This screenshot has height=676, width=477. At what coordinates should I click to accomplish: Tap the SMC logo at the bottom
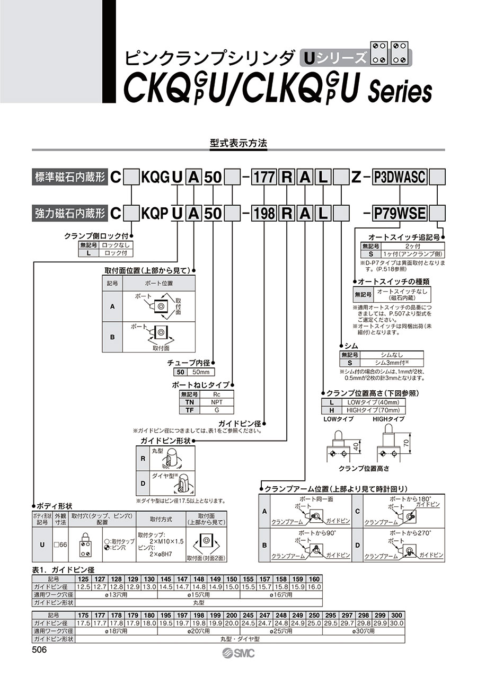pyautogui.click(x=238, y=653)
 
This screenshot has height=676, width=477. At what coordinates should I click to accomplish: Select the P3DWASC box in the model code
pyautogui.click(x=400, y=177)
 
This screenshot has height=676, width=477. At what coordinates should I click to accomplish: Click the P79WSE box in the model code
pyautogui.click(x=400, y=213)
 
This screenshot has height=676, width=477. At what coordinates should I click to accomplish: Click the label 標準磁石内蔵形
pyautogui.click(x=70, y=177)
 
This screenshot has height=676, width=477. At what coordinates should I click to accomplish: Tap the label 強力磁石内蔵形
pyautogui.click(x=70, y=213)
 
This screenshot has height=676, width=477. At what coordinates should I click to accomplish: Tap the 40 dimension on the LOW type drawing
pyautogui.click(x=357, y=445)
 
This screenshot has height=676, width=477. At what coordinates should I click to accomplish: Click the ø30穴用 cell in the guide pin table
pyautogui.click(x=364, y=631)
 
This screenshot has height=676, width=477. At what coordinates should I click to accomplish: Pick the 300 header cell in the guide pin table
pyautogui.click(x=396, y=614)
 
